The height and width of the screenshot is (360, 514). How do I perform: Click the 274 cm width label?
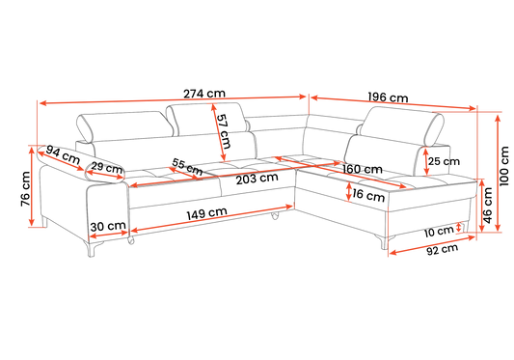[204, 94]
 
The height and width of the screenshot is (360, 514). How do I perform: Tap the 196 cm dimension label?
[388, 97]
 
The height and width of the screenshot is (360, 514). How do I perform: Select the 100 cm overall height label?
[504, 166]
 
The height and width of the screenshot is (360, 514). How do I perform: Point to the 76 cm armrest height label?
[25, 189]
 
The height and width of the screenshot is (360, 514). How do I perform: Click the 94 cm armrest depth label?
[63, 154]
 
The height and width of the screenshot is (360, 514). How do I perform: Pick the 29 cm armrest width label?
[106, 168]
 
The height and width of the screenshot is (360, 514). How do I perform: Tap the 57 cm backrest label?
[224, 131]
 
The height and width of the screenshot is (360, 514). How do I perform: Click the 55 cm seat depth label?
[187, 167]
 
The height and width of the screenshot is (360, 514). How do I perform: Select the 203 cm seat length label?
[257, 179]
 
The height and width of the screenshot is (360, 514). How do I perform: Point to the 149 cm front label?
[206, 213]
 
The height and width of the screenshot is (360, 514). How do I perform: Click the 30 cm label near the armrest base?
[108, 226]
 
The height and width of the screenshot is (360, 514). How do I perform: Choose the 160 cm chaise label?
[363, 169]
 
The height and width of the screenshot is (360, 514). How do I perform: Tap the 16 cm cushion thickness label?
[368, 195]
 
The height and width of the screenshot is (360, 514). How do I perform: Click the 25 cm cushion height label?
[444, 161]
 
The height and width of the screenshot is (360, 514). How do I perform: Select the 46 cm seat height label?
[488, 206]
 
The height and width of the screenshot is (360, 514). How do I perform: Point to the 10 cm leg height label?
[439, 232]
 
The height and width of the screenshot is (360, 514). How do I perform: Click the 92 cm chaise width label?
[443, 249]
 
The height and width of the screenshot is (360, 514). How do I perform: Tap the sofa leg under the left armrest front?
[92, 249]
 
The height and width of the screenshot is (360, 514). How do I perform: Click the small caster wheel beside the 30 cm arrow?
[131, 240]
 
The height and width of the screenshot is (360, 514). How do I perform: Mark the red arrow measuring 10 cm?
[459, 227]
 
